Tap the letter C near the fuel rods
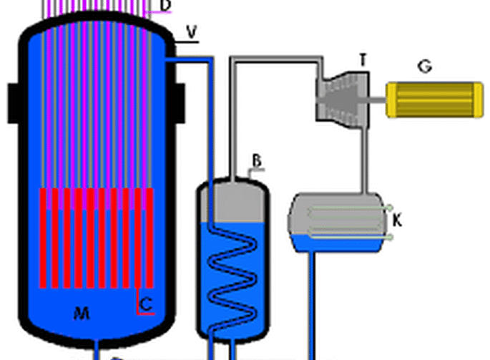click(x=146, y=303)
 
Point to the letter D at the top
click(x=166, y=6)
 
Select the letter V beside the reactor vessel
click(x=191, y=31)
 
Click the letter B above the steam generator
click(x=257, y=159)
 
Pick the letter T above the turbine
click(x=363, y=61)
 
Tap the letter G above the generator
click(x=424, y=67)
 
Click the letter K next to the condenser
click(x=398, y=220)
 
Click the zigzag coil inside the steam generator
click(x=234, y=272)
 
